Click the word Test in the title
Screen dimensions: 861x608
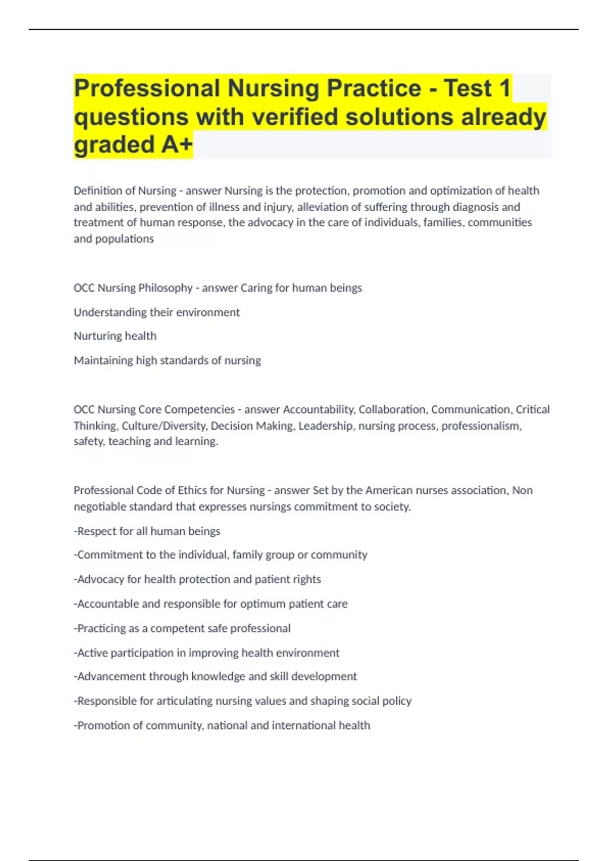pos(468,89)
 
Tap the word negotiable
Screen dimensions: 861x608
pos(100,506)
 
